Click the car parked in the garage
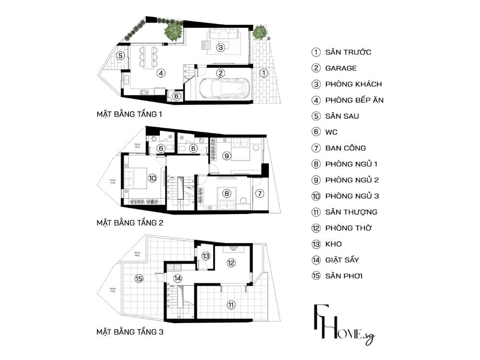[x=223, y=89]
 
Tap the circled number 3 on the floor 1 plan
[x=220, y=48]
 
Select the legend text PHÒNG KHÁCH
[x=353, y=84]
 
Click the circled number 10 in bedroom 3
[x=152, y=178]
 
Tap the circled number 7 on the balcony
[x=260, y=193]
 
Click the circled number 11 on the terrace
[x=231, y=304]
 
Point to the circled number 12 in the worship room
[x=231, y=263]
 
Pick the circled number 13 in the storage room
[x=206, y=256]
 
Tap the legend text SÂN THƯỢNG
[x=351, y=212]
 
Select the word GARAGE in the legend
[x=341, y=68]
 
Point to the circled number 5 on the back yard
[x=121, y=55]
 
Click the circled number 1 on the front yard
[x=264, y=73]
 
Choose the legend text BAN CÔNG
[x=345, y=148]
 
